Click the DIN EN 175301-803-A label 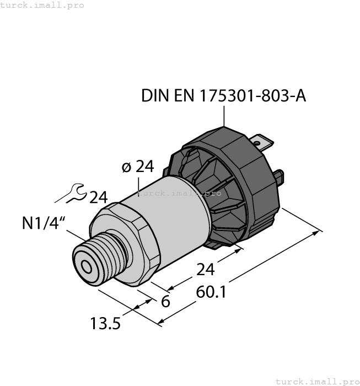tap(223, 95)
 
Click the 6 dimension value tap(165, 302)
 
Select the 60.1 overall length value tap(211, 292)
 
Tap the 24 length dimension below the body tap(206, 270)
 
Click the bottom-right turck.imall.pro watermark tap(317, 381)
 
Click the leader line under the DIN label tap(224, 116)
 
